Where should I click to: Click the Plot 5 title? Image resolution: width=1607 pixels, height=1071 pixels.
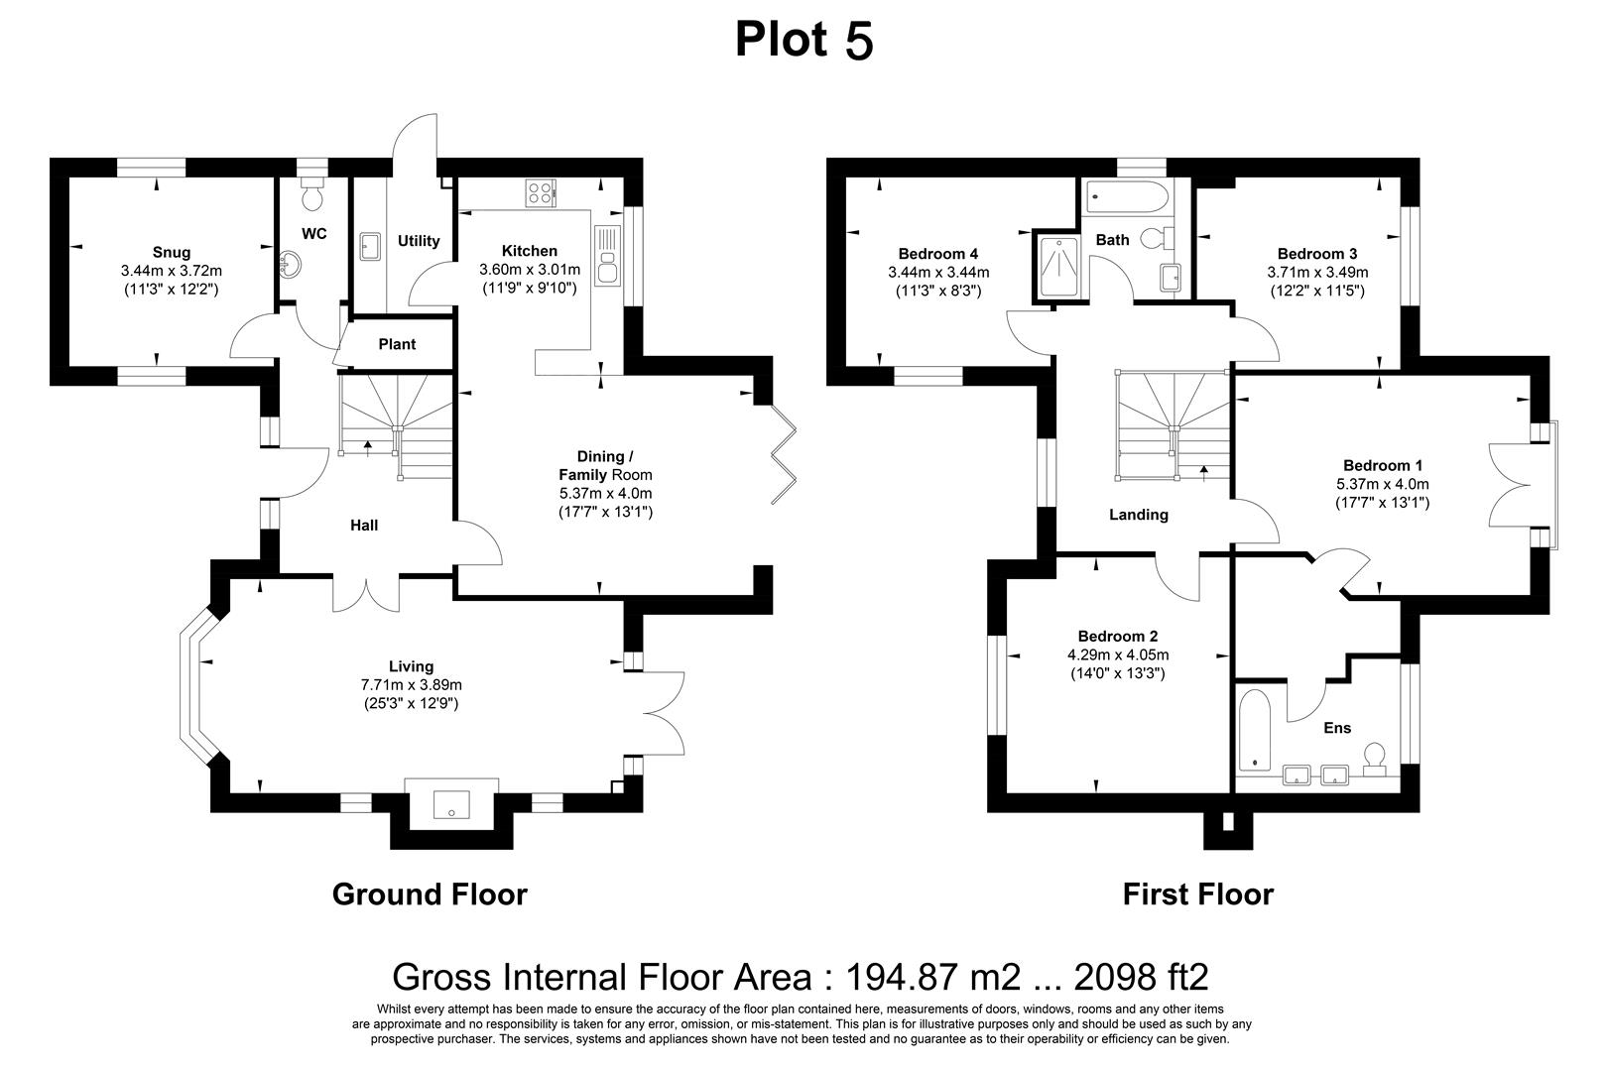[803, 40]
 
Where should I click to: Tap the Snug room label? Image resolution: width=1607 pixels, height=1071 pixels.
[171, 252]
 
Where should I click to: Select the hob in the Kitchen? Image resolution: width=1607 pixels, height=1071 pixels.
[541, 192]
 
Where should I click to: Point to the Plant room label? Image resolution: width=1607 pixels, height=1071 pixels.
[397, 344]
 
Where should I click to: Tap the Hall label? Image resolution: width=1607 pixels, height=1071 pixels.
[363, 525]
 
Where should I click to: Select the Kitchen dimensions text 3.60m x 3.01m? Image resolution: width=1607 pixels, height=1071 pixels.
[529, 270]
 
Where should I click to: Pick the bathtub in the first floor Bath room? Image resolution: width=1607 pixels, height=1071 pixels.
[1126, 196]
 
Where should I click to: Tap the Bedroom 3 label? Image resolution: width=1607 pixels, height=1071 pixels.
[1316, 253]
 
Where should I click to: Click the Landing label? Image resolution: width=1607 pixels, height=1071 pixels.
[1138, 515]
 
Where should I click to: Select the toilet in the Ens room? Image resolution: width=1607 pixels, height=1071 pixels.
[1376, 759]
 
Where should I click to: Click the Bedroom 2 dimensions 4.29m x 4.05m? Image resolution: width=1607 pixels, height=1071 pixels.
[1117, 654]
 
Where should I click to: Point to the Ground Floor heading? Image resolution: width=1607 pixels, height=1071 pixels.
[429, 894]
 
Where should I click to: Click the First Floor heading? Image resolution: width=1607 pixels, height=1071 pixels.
[1197, 894]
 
